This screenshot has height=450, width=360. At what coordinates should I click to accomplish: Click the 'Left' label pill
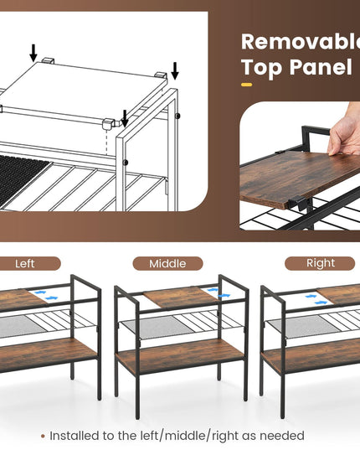tap(28, 263)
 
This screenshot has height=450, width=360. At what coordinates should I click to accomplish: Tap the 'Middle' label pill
tap(167, 263)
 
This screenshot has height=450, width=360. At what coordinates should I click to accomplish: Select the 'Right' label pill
tap(320, 263)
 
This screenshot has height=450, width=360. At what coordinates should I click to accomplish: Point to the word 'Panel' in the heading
tap(321, 67)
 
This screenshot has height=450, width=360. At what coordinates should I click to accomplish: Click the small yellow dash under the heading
tap(246, 85)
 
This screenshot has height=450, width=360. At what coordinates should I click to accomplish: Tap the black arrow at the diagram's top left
tap(33, 53)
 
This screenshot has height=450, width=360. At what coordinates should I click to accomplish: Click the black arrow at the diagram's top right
tap(175, 70)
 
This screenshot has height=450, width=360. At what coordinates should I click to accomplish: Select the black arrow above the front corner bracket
tap(125, 118)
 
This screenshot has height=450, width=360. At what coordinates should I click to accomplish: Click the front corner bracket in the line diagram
tap(108, 124)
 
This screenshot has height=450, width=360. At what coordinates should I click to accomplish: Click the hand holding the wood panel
tap(344, 133)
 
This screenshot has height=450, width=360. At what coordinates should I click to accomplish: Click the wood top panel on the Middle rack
tap(181, 297)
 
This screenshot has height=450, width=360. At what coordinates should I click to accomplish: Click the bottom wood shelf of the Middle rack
tap(180, 356)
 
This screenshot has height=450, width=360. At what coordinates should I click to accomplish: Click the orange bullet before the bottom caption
tap(43, 437)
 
